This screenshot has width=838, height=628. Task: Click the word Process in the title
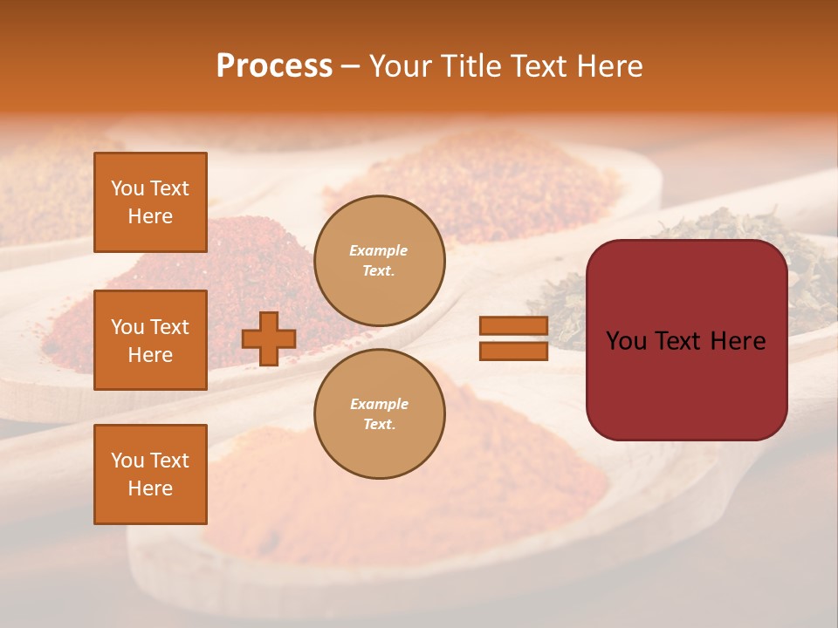[274, 66]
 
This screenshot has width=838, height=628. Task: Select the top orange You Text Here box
[150, 202]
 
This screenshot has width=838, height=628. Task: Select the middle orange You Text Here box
[150, 340]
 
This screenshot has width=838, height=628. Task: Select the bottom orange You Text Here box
[150, 474]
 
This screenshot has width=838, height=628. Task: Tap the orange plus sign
[269, 339]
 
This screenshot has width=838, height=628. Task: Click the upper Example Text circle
[380, 261]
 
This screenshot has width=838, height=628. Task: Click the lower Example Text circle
[380, 414]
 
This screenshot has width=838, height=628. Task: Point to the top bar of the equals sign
[513, 326]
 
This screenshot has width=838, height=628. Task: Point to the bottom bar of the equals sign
[513, 352]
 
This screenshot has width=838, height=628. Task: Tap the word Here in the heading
[608, 66]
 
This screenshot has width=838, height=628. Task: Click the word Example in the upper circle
[379, 251]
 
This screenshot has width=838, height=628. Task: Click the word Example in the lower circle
[379, 405]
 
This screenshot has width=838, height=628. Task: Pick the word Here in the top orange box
[150, 216]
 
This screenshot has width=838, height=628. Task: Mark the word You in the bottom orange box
[127, 461]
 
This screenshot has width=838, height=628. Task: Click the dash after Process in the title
[351, 66]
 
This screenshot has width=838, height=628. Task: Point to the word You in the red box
[626, 341]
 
